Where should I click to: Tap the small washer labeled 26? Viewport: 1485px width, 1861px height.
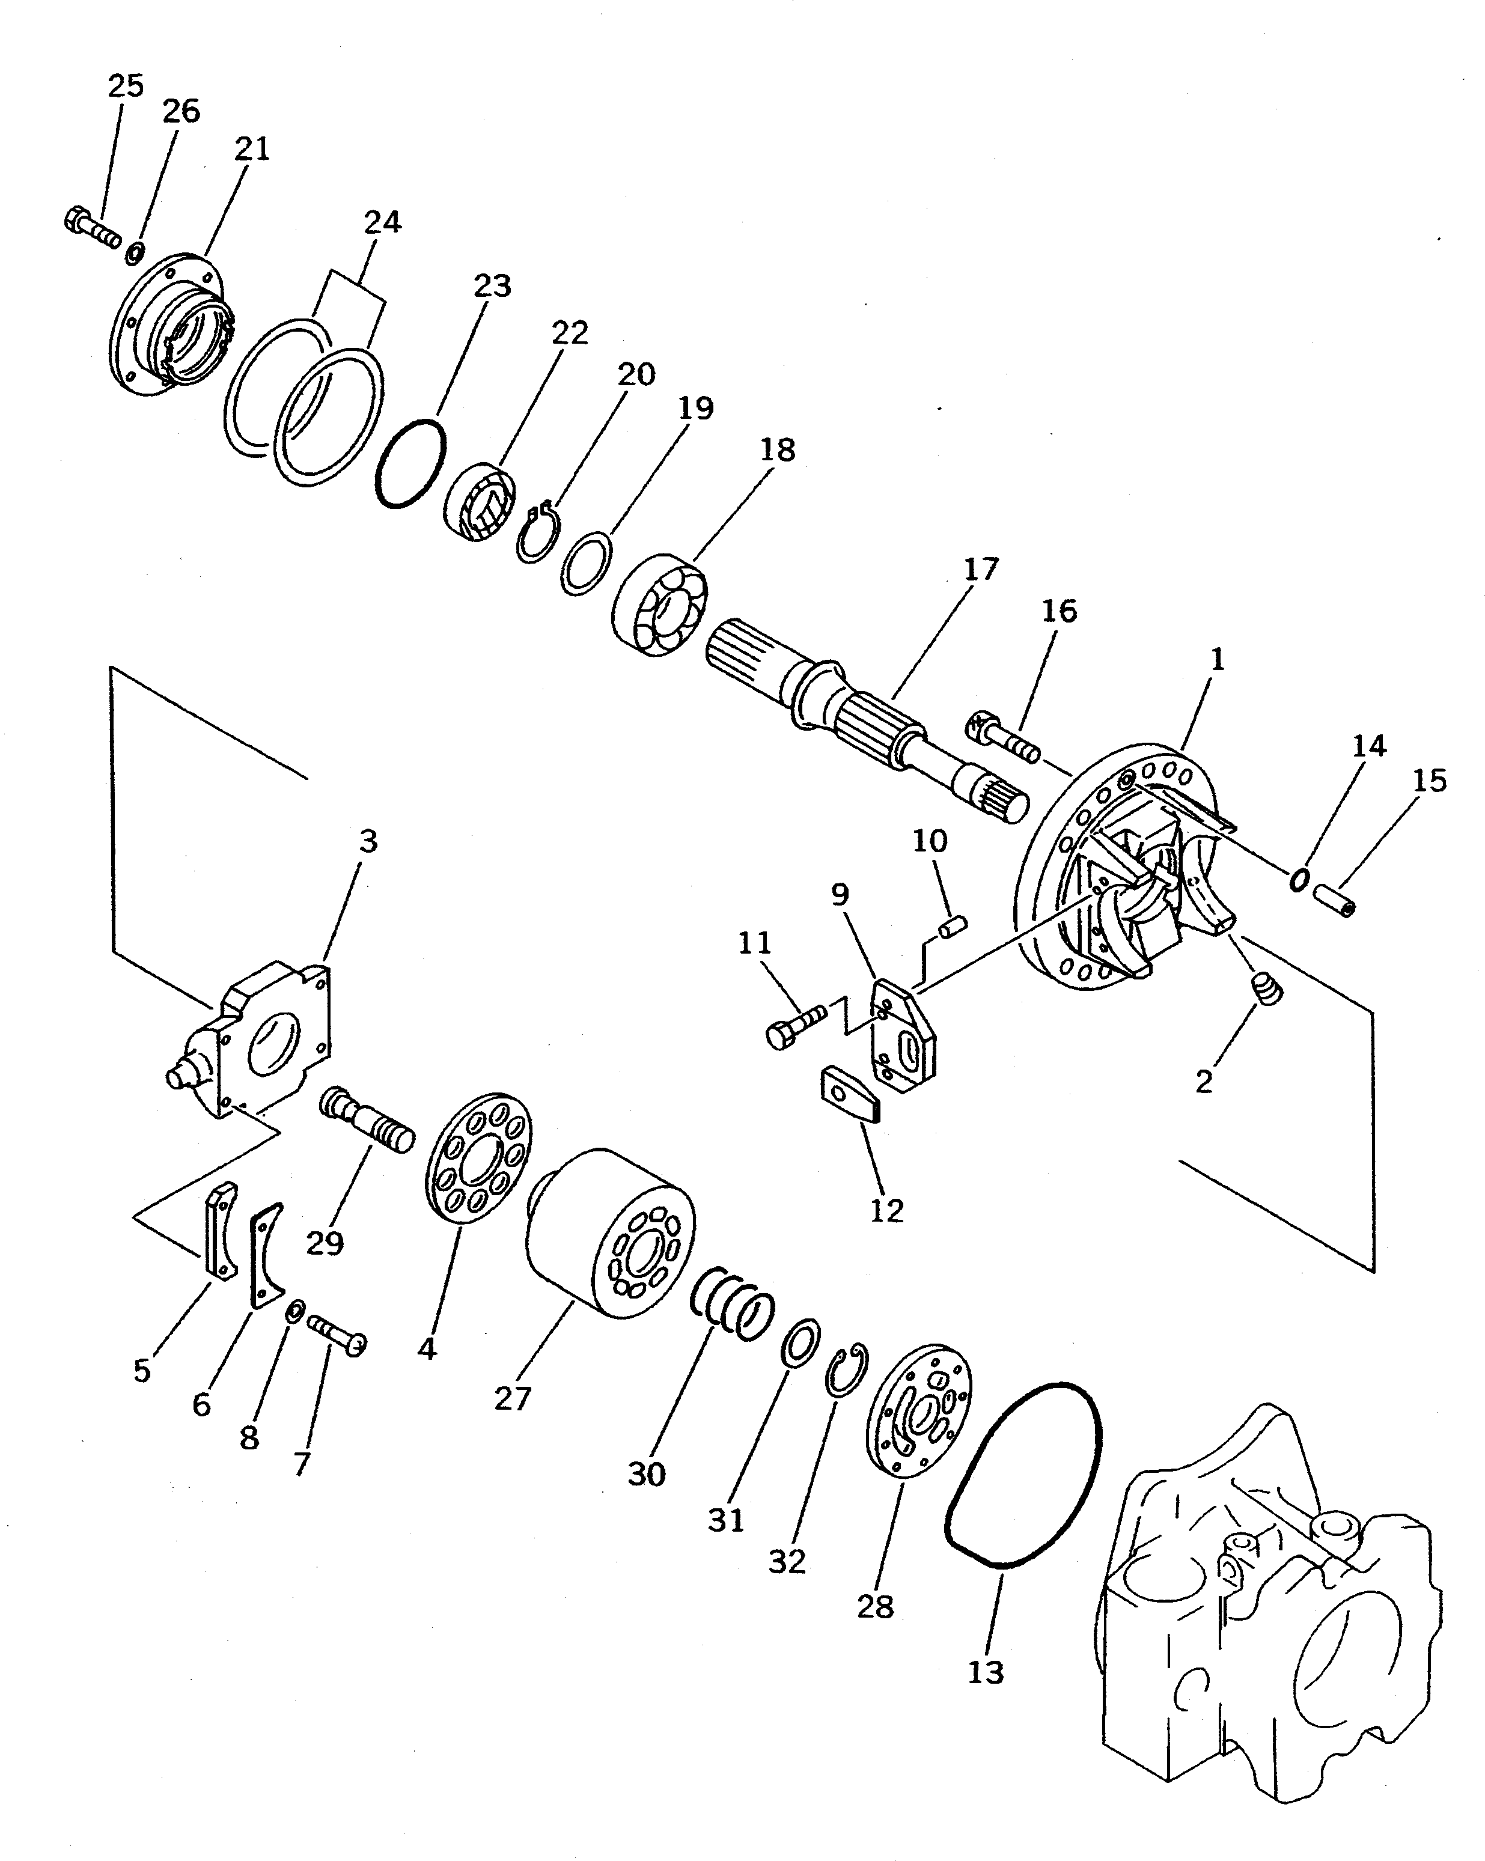pyautogui.click(x=135, y=254)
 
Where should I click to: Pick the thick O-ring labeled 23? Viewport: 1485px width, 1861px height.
pyautogui.click(x=411, y=463)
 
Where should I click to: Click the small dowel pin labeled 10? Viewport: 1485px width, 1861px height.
pyautogui.click(x=953, y=926)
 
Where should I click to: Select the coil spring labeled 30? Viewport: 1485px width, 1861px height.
pyautogui.click(x=732, y=1309)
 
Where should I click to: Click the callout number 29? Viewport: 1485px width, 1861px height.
pyautogui.click(x=325, y=1243)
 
